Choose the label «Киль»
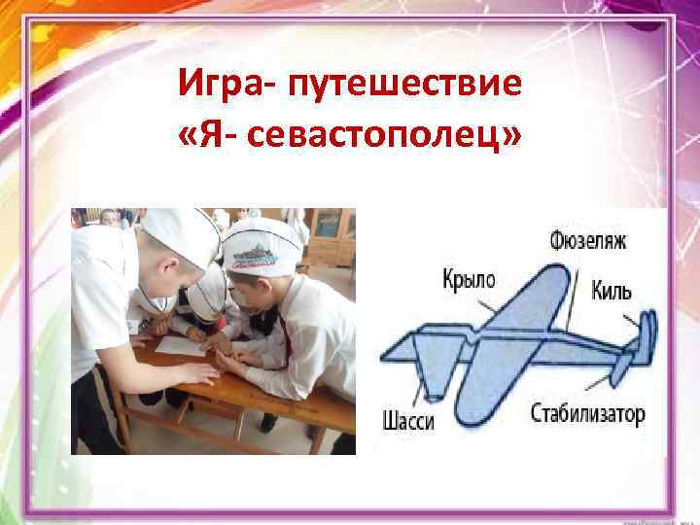pyautogui.click(x=612, y=291)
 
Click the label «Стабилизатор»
pyautogui.click(x=587, y=415)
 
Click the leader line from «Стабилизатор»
pyautogui.click(x=614, y=384)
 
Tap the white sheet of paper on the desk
pyautogui.click(x=181, y=344)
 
